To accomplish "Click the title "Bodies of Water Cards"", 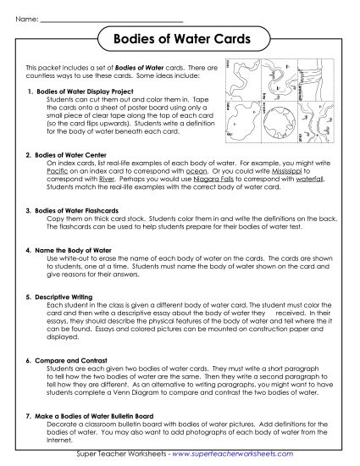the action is pyautogui.click(x=179, y=39).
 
